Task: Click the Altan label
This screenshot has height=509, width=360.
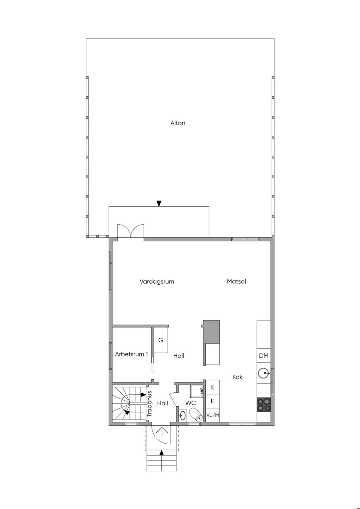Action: (178, 123)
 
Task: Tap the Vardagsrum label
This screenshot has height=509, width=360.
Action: (157, 282)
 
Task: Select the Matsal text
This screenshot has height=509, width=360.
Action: (236, 282)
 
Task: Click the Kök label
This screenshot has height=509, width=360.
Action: (237, 377)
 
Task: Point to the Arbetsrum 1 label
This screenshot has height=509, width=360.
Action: (131, 354)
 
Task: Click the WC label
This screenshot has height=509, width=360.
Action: (191, 403)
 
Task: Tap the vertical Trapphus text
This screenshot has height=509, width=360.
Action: (149, 404)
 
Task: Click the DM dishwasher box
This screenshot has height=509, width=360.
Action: (264, 356)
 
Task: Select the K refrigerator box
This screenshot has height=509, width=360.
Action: (212, 387)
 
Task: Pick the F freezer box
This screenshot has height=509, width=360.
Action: (212, 401)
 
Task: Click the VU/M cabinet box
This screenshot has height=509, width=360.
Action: (212, 415)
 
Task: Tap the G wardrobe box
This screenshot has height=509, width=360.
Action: (161, 340)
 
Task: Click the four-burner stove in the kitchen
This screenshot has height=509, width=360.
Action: (264, 405)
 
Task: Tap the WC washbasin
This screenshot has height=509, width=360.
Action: (182, 415)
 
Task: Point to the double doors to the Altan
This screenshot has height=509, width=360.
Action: (130, 232)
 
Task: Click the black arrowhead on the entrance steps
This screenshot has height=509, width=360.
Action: (161, 453)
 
